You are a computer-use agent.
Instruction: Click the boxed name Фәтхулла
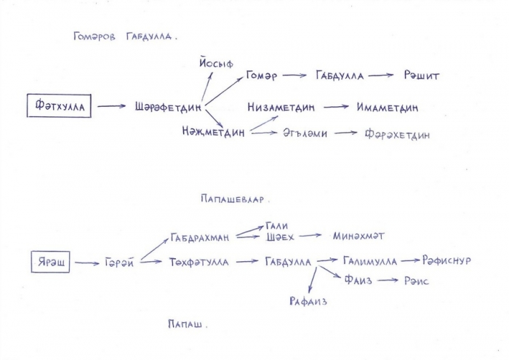point(59,105)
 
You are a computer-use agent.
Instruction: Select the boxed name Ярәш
point(50,262)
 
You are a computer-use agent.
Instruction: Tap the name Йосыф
point(216,63)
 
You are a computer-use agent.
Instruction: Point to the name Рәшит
point(421,76)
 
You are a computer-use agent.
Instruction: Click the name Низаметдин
point(281,107)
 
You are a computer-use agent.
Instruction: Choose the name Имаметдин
point(388,107)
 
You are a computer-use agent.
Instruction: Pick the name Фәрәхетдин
point(397,134)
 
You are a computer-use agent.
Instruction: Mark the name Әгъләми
point(305,133)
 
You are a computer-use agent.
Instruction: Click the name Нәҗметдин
point(213,132)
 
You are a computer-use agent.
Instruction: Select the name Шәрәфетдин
point(168,107)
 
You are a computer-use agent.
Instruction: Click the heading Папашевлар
point(233,199)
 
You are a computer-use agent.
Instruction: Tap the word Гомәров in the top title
point(95,36)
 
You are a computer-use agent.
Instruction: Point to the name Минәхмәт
point(358,236)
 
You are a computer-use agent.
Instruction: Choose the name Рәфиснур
point(446,260)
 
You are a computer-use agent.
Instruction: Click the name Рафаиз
point(308,301)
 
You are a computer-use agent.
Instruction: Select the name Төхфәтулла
point(199,262)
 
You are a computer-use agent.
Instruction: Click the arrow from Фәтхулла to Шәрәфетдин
point(111,106)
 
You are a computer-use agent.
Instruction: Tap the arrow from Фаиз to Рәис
point(388,280)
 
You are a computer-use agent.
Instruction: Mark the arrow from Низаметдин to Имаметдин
point(336,107)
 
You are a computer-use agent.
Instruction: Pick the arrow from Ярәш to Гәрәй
point(87,263)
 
